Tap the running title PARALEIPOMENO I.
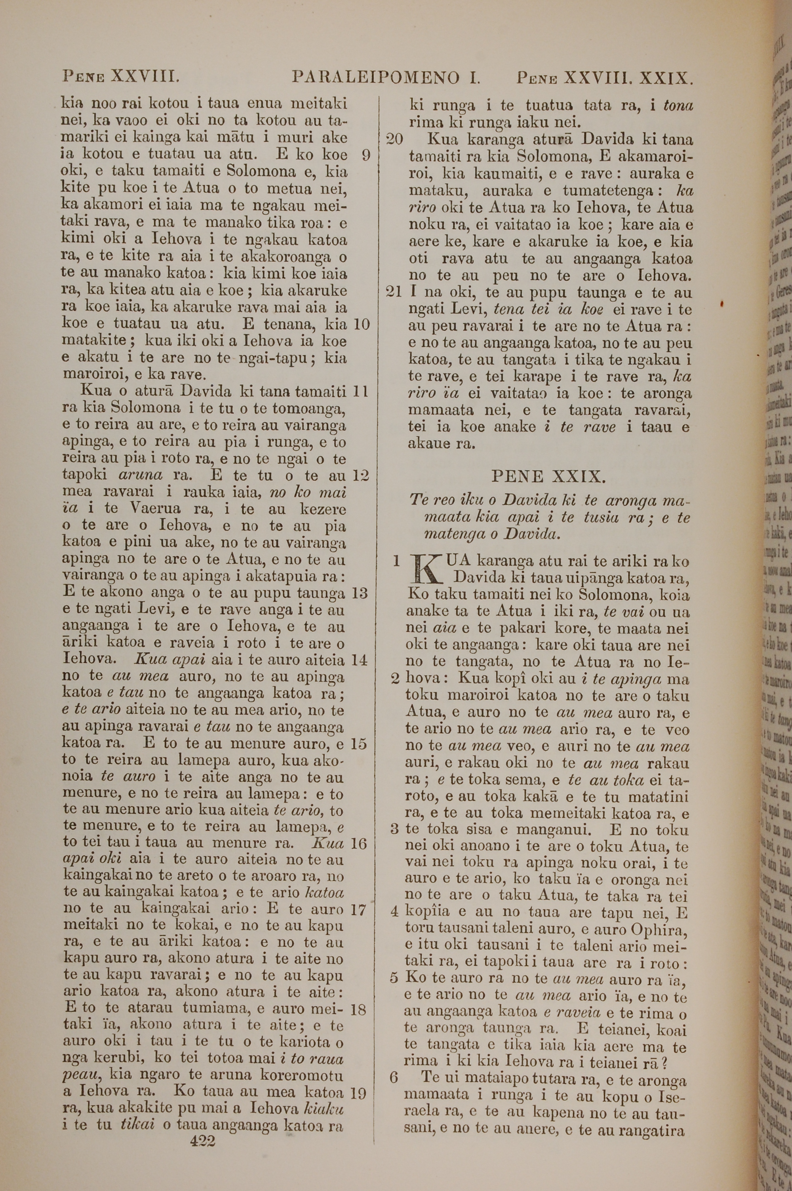386,78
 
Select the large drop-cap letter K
425,569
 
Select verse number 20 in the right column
394,139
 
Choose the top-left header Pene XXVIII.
120,77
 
